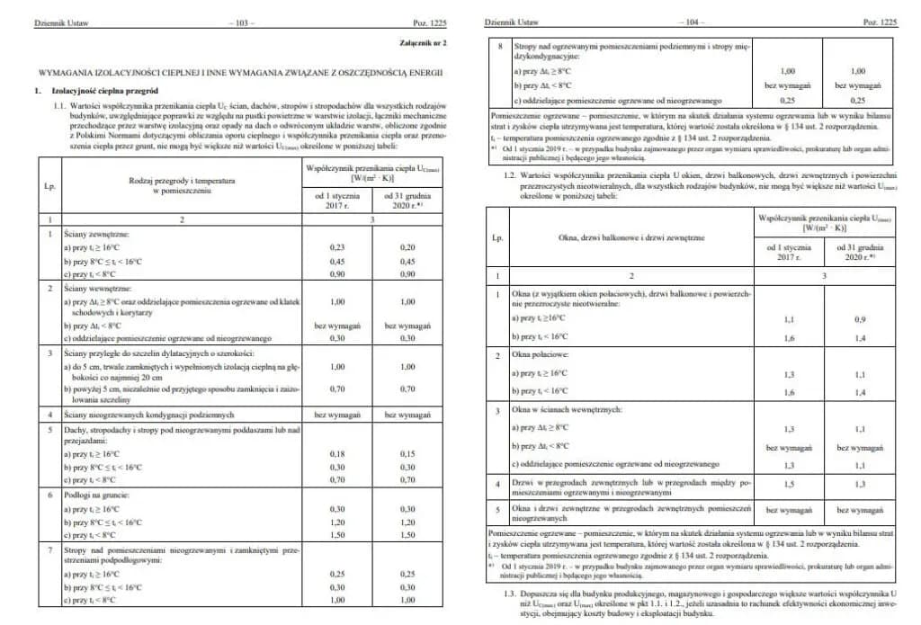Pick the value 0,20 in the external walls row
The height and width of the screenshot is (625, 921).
pyautogui.click(x=408, y=246)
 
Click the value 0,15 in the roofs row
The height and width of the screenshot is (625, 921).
pyautogui.click(x=408, y=455)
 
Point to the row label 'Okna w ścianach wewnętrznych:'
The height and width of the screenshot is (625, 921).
pyautogui.click(x=573, y=410)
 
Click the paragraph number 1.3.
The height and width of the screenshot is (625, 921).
pyautogui.click(x=511, y=594)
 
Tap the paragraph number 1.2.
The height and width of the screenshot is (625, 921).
pyautogui.click(x=511, y=174)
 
